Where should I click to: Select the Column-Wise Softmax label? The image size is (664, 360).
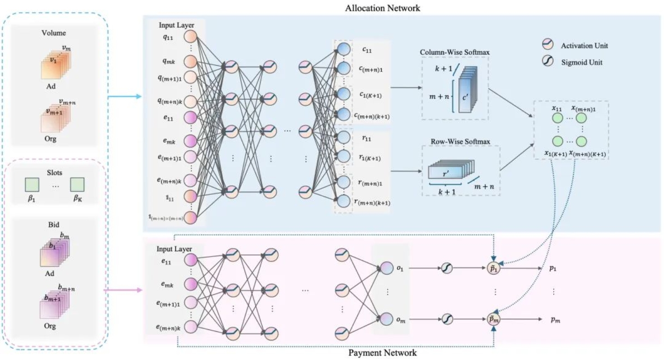coord(455,53)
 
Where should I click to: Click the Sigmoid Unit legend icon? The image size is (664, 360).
coord(548,63)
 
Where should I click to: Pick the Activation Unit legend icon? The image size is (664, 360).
coord(548,45)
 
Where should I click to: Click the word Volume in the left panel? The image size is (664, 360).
coord(55,32)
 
